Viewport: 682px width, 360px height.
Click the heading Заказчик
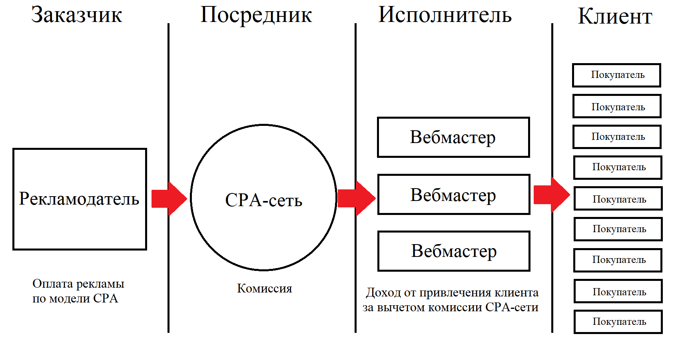coord(76,15)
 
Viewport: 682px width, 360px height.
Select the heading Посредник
coord(256,15)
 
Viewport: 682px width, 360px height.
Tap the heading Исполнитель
coord(445,15)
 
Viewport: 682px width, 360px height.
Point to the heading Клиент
coord(615,17)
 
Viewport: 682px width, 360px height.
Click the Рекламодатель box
coord(80,199)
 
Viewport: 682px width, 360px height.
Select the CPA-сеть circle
coord(263,198)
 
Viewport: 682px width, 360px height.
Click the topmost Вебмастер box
coord(453,137)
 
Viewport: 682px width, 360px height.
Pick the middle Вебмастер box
coord(453,195)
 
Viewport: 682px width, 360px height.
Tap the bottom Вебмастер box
coord(454,251)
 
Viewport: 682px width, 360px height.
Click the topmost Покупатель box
coord(616,75)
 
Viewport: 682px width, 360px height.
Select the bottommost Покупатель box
coord(618,322)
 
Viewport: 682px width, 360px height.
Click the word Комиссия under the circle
coord(264,288)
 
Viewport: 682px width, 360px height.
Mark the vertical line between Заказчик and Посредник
coord(168,100)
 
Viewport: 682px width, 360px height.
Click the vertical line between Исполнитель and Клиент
coord(552,100)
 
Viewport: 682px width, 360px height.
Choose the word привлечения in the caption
coord(455,293)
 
